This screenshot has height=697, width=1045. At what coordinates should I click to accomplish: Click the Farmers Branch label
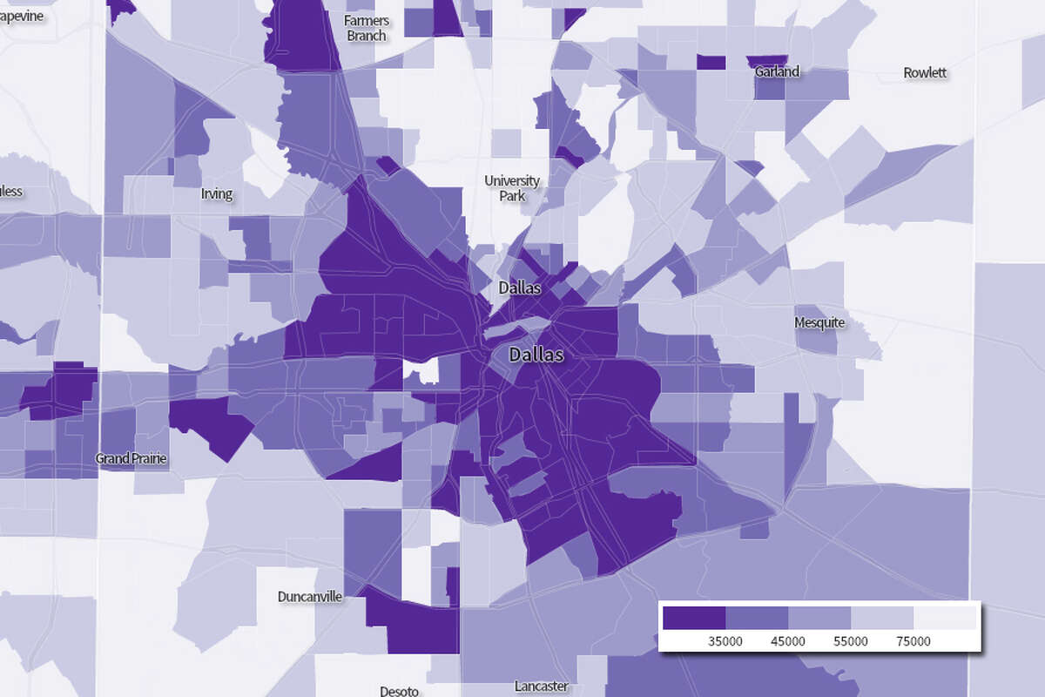pyautogui.click(x=367, y=28)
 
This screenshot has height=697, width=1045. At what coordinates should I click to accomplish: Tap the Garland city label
pyautogui.click(x=777, y=71)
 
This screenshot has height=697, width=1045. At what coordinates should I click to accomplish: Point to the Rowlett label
pyautogui.click(x=925, y=72)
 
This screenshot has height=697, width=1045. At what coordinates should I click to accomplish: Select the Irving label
pyautogui.click(x=217, y=193)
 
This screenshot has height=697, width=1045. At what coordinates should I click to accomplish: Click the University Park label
pyautogui.click(x=512, y=188)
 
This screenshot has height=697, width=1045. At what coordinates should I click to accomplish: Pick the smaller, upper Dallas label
pyautogui.click(x=520, y=288)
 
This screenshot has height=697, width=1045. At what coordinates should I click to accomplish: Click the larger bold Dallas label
pyautogui.click(x=536, y=355)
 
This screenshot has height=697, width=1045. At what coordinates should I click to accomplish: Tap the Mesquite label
pyautogui.click(x=819, y=322)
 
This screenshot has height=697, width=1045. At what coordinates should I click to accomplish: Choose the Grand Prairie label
pyautogui.click(x=131, y=458)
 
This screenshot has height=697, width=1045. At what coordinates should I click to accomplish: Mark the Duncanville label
pyautogui.click(x=309, y=597)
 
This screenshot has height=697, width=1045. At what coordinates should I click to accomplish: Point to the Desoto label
pyautogui.click(x=399, y=691)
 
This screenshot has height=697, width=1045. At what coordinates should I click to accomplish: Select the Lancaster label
pyautogui.click(x=541, y=687)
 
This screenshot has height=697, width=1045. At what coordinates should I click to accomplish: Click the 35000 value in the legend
pyautogui.click(x=725, y=641)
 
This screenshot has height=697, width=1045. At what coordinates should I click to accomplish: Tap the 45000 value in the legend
pyautogui.click(x=787, y=641)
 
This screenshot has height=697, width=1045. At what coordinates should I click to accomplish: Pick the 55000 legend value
pyautogui.click(x=850, y=641)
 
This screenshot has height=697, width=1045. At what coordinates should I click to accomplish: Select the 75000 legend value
pyautogui.click(x=914, y=641)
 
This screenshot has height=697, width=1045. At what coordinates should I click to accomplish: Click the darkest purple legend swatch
pyautogui.click(x=694, y=618)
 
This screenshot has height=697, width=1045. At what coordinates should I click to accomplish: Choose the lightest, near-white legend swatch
pyautogui.click(x=945, y=618)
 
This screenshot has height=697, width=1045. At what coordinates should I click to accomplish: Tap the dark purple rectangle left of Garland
pyautogui.click(x=711, y=63)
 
